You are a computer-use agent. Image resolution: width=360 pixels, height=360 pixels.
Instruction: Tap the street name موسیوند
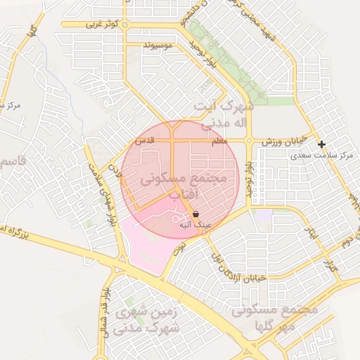[157, 45]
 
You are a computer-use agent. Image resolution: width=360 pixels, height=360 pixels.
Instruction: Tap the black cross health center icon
[321, 144]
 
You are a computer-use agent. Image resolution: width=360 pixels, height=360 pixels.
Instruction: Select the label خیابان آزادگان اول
[236, 263]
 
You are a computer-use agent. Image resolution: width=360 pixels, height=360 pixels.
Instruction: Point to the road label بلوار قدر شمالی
[105, 309]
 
